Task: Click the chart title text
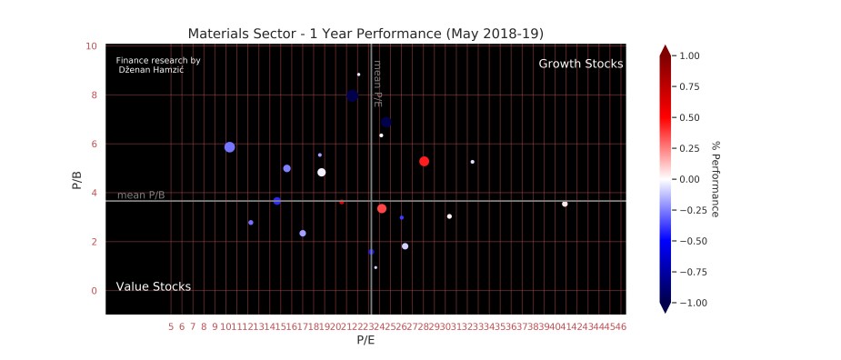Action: tap(365, 34)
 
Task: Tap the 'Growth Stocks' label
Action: tap(580, 64)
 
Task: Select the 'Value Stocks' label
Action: tap(153, 286)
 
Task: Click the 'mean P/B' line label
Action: tap(141, 195)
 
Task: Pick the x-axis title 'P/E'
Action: tap(365, 340)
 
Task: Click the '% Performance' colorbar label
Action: tap(716, 178)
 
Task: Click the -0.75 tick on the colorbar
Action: tap(689, 271)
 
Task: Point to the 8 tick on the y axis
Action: tap(95, 95)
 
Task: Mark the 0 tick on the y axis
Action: tap(95, 291)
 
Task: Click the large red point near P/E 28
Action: tap(424, 161)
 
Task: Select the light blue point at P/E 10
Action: tap(229, 147)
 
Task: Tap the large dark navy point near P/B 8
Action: tap(352, 95)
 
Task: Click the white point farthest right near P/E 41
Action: tap(565, 204)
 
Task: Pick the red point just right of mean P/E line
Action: tap(382, 209)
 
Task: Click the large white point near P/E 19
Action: tap(321, 172)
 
